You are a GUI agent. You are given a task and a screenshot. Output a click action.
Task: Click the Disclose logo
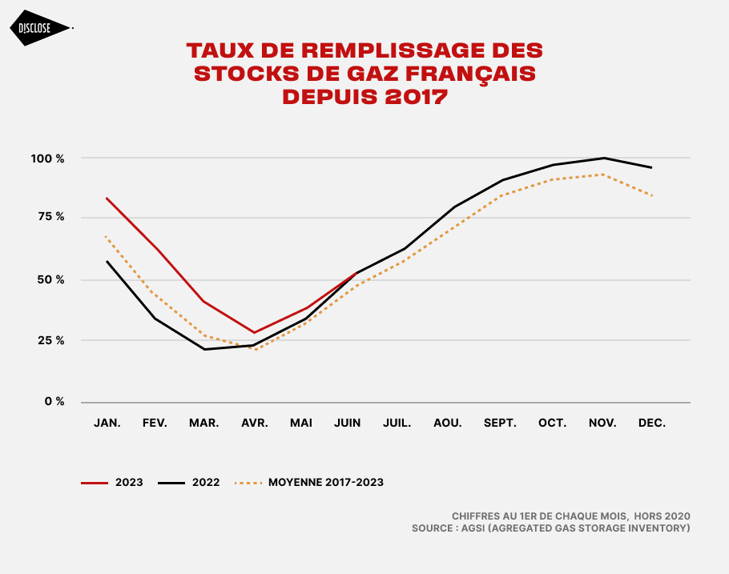point(41,28)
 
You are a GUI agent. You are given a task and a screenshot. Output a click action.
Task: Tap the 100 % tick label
point(48,159)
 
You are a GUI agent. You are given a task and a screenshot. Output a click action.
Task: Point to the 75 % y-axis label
point(49,217)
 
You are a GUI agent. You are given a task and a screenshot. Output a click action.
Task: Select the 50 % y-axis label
point(49,279)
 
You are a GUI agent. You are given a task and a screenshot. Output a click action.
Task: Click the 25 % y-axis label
point(49,340)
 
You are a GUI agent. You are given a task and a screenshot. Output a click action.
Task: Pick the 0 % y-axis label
point(54,401)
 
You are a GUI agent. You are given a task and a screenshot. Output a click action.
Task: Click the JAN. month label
point(107,423)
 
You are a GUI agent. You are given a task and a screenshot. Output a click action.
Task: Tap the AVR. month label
point(255,423)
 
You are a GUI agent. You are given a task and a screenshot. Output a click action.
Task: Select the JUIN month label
point(348,423)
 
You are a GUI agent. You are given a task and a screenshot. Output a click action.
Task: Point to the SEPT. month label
point(500,423)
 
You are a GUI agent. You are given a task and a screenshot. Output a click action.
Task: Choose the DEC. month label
point(652,423)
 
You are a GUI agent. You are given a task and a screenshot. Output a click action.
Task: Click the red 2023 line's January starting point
point(106,197)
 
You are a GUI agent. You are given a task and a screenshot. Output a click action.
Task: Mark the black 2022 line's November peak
point(603,158)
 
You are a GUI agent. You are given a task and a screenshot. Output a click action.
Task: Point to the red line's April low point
point(254,332)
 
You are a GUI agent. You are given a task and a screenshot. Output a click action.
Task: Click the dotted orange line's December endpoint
point(652,195)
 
